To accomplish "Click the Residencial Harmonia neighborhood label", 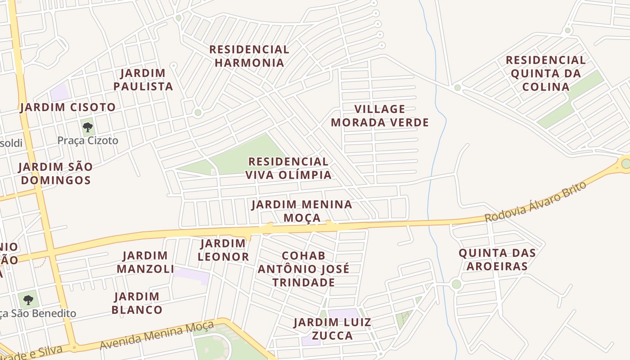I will click(249, 56).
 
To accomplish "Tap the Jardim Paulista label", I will click(143, 80).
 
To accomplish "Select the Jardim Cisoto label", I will click(68, 107).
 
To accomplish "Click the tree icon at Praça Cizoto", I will click(88, 127).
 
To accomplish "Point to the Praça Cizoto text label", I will click(88, 140).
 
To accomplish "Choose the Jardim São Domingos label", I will click(55, 173).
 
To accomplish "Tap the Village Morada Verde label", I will click(380, 116).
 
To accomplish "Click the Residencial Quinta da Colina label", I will click(545, 73).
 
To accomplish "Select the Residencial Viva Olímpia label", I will click(288, 168).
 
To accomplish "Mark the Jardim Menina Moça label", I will click(301, 211).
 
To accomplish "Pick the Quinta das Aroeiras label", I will click(497, 259).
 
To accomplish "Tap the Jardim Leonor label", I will click(223, 250).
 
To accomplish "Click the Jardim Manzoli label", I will click(145, 262).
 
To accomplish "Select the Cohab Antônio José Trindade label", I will click(303, 269).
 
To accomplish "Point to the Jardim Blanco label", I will click(137, 303).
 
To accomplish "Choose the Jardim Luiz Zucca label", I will click(333, 329).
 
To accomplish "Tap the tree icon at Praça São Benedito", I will click(28, 299).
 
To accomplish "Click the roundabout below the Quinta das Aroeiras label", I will click(456, 284).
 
